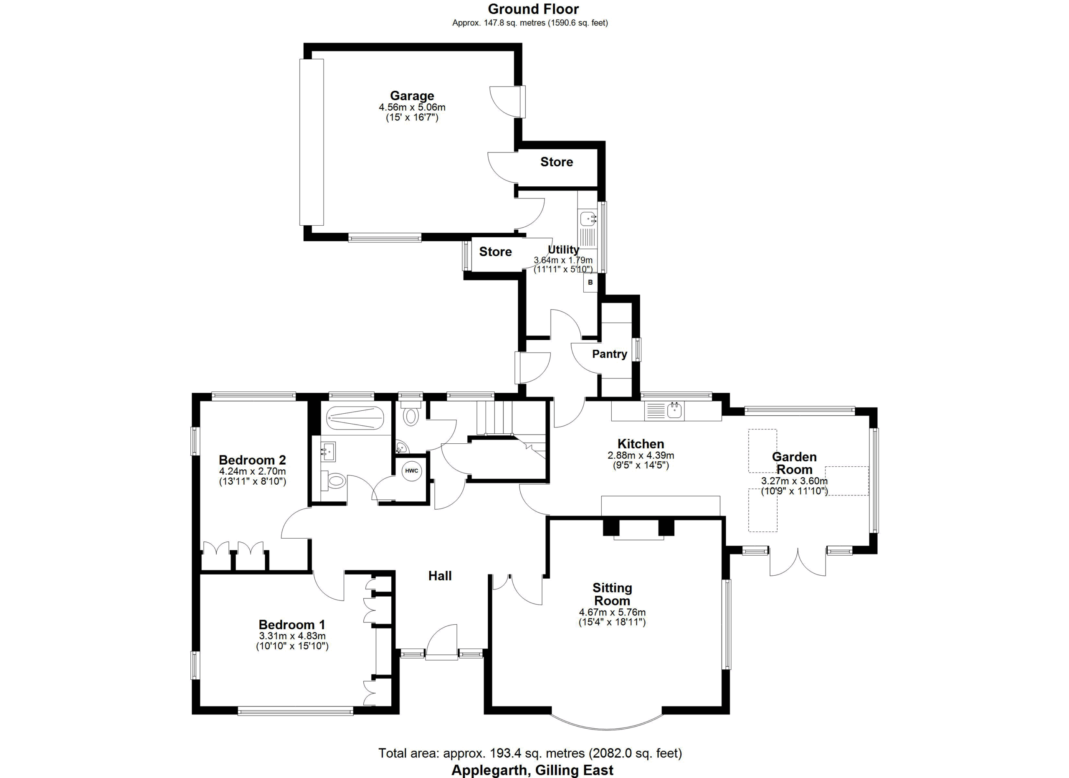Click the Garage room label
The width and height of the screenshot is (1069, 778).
point(412,96)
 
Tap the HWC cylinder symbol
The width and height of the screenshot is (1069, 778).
point(411,471)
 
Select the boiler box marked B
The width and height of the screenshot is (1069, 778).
point(590,283)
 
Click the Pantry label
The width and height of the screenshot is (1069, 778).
point(609,353)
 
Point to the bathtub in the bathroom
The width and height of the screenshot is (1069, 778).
point(355,418)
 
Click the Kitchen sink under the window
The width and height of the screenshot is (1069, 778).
point(675,411)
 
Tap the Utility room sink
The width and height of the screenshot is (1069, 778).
point(587,219)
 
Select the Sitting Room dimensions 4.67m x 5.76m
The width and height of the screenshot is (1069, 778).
point(612,613)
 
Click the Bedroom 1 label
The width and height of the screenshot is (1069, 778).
point(292,625)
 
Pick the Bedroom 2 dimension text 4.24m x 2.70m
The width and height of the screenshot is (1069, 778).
point(252,471)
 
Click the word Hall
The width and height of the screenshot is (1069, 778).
point(440,575)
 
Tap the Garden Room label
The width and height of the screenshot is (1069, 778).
point(794,463)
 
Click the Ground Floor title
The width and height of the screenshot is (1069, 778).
point(533,9)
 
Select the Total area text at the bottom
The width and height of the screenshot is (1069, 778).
point(530,753)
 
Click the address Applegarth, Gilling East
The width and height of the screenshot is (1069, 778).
point(532,770)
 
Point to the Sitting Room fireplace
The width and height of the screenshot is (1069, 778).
point(638,529)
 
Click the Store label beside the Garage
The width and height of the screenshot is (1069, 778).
point(557,162)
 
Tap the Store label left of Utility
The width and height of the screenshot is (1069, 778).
point(495,252)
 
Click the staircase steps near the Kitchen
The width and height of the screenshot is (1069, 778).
point(494,418)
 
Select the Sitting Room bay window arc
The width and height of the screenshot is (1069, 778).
point(607,730)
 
